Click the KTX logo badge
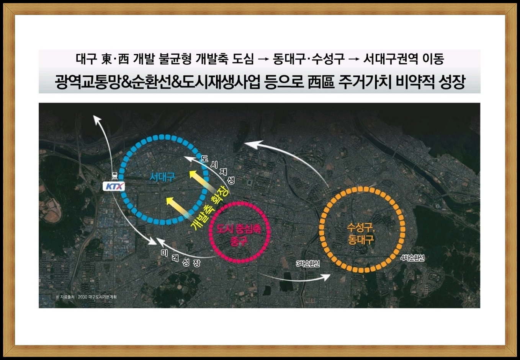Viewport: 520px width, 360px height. [x=114, y=186]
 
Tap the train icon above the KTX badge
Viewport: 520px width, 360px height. [x=114, y=176]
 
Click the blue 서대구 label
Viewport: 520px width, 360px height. [x=162, y=178]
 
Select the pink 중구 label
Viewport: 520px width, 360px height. [x=239, y=241]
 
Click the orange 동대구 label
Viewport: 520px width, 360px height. [x=361, y=239]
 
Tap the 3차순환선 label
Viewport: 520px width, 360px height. [x=308, y=264]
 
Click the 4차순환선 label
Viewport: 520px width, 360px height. [x=412, y=258]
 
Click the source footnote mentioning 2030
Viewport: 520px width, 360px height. [x=86, y=297]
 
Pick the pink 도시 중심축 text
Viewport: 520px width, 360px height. [x=239, y=229]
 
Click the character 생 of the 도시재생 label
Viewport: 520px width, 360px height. [x=231, y=181]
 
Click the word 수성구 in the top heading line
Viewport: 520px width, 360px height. [x=328, y=59]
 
